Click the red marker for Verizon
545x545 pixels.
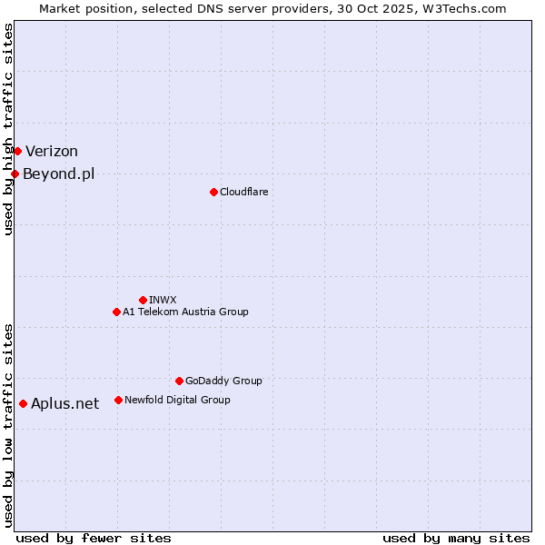(x=17, y=151)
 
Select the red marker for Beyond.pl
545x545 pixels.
(x=15, y=173)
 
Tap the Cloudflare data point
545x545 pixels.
(x=213, y=192)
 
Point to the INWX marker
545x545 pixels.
(x=143, y=300)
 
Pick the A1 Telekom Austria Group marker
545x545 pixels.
(x=116, y=312)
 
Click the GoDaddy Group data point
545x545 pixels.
(x=179, y=381)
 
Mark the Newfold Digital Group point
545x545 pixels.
(x=118, y=400)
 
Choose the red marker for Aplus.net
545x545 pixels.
(x=23, y=403)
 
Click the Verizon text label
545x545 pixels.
(x=52, y=152)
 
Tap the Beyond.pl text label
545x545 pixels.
(x=58, y=174)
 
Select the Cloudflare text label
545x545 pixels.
(x=243, y=192)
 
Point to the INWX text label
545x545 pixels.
(x=163, y=300)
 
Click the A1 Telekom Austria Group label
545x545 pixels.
(x=185, y=312)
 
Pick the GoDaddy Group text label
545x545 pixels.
(x=223, y=381)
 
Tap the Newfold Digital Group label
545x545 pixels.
(x=177, y=400)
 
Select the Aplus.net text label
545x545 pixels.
(x=64, y=404)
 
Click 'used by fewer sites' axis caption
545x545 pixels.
(x=94, y=538)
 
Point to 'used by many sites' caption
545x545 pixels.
(x=456, y=538)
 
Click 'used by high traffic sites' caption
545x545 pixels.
(x=8, y=129)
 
